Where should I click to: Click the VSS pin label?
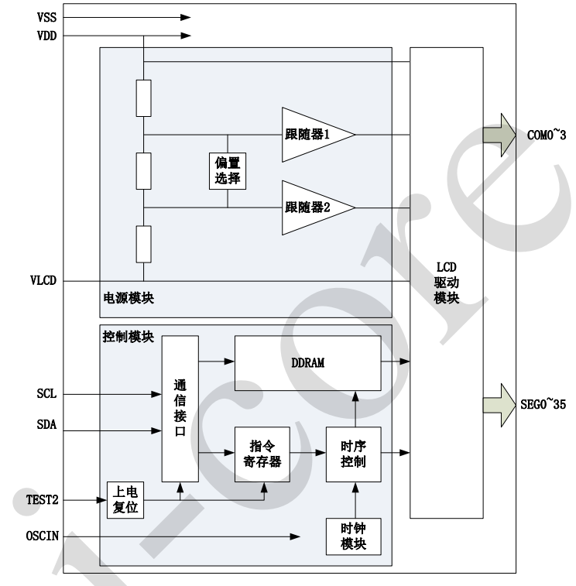click(46, 16)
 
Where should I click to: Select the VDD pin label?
click(46, 35)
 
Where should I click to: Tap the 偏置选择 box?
click(228, 171)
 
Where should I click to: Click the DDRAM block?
click(308, 362)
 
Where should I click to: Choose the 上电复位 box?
click(125, 500)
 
